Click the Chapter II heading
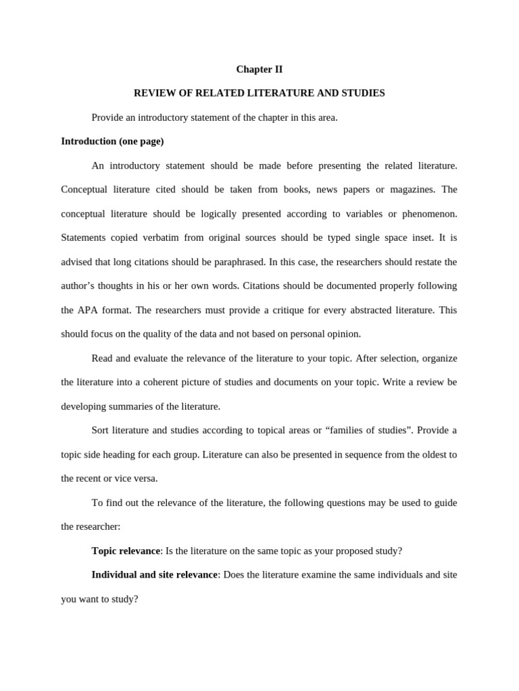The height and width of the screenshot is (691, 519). (x=259, y=70)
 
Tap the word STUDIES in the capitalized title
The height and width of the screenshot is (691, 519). (x=362, y=93)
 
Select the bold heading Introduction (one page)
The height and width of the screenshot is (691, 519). (x=112, y=142)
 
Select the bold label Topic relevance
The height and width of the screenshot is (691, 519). (x=126, y=551)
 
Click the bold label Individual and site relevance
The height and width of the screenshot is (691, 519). (x=155, y=575)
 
